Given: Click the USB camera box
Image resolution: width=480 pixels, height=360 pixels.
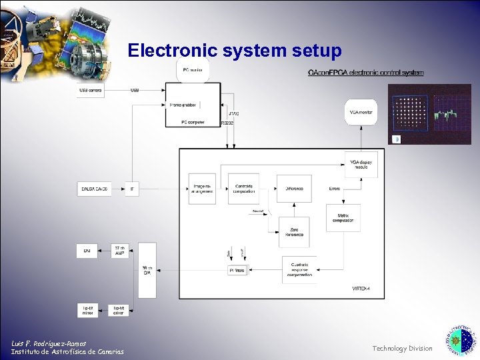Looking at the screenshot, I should click(x=91, y=90).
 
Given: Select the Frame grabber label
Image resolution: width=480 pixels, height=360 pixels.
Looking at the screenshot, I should click(x=182, y=105).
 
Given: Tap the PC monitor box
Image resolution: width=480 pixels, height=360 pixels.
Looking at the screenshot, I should click(x=193, y=69).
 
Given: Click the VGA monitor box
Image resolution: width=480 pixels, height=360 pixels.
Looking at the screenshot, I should click(x=361, y=112).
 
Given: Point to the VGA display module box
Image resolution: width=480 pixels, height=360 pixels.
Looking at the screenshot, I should click(x=361, y=165).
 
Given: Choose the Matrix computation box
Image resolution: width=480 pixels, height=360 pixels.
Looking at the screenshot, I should click(x=343, y=218).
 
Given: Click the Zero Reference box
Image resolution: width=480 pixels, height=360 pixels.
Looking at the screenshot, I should click(x=294, y=231).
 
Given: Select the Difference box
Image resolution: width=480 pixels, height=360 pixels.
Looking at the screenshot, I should click(x=294, y=189).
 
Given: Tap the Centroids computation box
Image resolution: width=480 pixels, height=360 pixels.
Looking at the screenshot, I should click(x=243, y=189).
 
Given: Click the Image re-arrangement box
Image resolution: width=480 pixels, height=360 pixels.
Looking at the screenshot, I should click(x=202, y=189).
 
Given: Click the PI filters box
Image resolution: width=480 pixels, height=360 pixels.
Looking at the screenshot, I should click(x=237, y=271).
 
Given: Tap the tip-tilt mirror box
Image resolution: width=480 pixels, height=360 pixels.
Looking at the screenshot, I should click(x=88, y=310).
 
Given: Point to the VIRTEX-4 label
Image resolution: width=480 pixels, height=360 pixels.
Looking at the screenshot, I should click(x=360, y=289).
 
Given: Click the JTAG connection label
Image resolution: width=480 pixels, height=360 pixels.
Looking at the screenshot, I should click(x=233, y=113).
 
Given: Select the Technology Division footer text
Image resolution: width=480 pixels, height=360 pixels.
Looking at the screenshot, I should click(x=402, y=348).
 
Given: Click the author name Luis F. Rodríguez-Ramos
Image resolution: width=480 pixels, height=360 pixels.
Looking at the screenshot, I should click(x=49, y=343).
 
